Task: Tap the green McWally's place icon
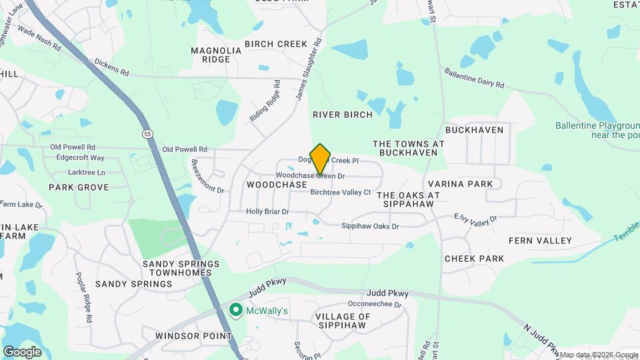point(235,310)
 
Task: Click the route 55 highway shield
point(146,134)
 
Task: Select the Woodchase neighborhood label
point(277,184)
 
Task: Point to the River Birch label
point(343,115)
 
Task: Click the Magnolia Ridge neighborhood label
point(216,55)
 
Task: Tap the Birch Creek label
point(276,44)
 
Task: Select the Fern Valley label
point(540,240)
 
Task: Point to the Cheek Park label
point(474,258)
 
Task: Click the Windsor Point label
point(193,335)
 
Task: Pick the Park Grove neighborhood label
point(79,187)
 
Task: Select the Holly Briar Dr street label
point(267,211)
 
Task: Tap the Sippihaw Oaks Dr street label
point(370,227)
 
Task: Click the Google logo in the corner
point(22,352)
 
